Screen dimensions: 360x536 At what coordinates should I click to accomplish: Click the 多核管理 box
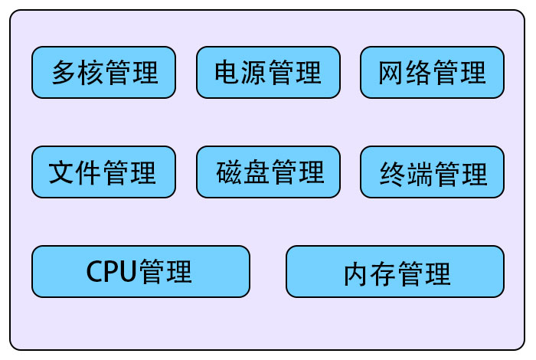[x=103, y=73]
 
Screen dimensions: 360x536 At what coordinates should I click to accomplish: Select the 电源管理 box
[x=268, y=73]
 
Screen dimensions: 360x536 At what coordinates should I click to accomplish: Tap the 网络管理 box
[x=432, y=73]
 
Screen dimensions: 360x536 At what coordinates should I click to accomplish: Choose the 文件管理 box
[x=103, y=172]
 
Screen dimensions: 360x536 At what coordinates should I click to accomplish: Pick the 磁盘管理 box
[x=268, y=172]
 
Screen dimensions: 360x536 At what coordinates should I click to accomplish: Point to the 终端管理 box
[x=432, y=172]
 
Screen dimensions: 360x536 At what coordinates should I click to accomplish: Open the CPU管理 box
[x=141, y=271]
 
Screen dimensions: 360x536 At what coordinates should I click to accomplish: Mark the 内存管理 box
[x=395, y=271]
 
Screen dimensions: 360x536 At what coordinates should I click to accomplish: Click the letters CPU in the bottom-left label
[x=110, y=271]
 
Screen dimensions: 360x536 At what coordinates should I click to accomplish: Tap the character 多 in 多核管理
[x=64, y=73]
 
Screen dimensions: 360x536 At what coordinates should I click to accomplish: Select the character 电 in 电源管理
[x=228, y=73]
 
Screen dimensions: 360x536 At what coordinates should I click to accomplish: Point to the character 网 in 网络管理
[x=392, y=73]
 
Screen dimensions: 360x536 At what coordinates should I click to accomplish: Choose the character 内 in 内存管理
[x=357, y=273]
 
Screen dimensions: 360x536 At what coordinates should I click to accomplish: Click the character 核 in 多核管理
[x=91, y=73]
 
